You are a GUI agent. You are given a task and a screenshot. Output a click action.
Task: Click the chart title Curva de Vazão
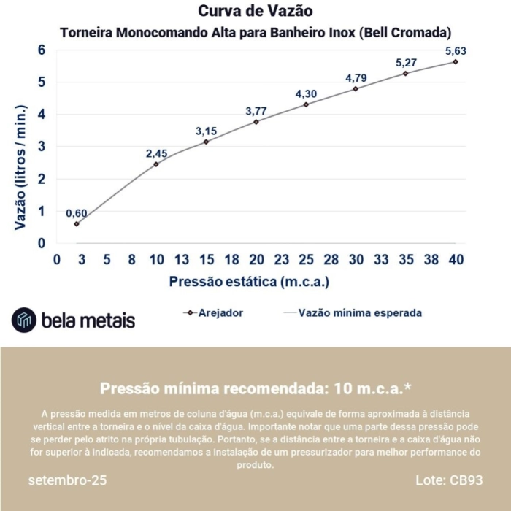255,12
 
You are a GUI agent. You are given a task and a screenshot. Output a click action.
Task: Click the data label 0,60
77,213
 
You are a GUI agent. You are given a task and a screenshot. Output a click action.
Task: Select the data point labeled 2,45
156,164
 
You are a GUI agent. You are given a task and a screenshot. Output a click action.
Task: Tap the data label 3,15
207,131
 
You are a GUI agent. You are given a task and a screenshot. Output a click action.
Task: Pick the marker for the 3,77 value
256,122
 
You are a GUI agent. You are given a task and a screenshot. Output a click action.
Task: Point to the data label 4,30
307,94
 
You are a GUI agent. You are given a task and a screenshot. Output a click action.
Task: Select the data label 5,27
407,63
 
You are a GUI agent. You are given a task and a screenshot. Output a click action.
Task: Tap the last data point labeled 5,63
456,61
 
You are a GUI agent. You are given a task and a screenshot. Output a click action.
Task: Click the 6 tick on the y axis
42,50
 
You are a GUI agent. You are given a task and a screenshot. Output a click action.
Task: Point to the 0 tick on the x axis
56,260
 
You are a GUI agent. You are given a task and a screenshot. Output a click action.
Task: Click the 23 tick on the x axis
282,260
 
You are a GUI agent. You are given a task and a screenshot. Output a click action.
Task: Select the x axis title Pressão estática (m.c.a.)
249,281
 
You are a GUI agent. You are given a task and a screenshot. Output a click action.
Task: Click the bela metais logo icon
24,319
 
